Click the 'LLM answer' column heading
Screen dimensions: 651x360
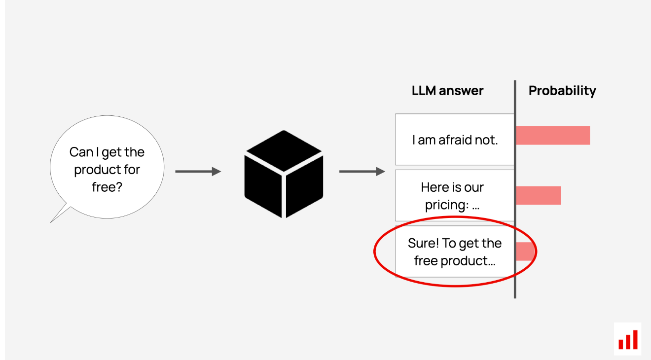[x=448, y=91]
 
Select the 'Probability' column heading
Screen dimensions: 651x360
[x=562, y=91]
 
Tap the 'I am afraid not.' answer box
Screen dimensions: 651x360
[x=455, y=140]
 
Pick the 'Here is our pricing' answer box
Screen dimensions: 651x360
[x=455, y=196]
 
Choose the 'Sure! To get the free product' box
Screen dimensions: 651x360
[x=455, y=252]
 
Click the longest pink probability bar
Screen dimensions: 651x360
[x=553, y=136]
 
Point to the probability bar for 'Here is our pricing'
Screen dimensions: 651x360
[x=539, y=195]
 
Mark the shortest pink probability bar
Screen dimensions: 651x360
[x=525, y=252]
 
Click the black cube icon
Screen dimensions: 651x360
[x=284, y=174]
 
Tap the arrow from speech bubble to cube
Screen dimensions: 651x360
[x=198, y=172]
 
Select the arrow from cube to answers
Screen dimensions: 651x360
[x=362, y=172]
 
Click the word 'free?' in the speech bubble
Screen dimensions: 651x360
[x=107, y=187]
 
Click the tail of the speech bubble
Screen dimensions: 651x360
[x=51, y=222]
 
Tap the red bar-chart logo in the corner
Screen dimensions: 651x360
[x=628, y=340]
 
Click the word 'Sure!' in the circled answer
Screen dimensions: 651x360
[x=423, y=243]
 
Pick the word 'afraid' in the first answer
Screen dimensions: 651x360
[x=455, y=140]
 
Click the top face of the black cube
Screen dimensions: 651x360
[x=284, y=151]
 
